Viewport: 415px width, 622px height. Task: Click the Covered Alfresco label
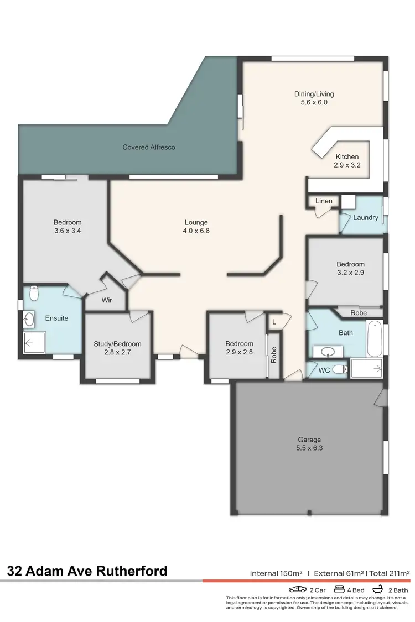[x=149, y=148]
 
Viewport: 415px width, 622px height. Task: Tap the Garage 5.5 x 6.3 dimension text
[x=309, y=448]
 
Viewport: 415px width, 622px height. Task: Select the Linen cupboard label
[x=324, y=201]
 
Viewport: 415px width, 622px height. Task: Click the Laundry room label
[x=366, y=217]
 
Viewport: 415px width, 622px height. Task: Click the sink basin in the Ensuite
[x=29, y=318]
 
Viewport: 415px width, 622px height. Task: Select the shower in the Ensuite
[x=34, y=343]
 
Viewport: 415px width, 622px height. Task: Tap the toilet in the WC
[x=339, y=370]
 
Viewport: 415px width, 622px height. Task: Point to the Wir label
[x=107, y=301]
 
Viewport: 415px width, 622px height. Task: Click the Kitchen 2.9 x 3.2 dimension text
[x=347, y=165]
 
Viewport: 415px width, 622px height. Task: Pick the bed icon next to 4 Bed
[x=339, y=589]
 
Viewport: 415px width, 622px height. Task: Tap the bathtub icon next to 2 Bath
[x=379, y=589]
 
